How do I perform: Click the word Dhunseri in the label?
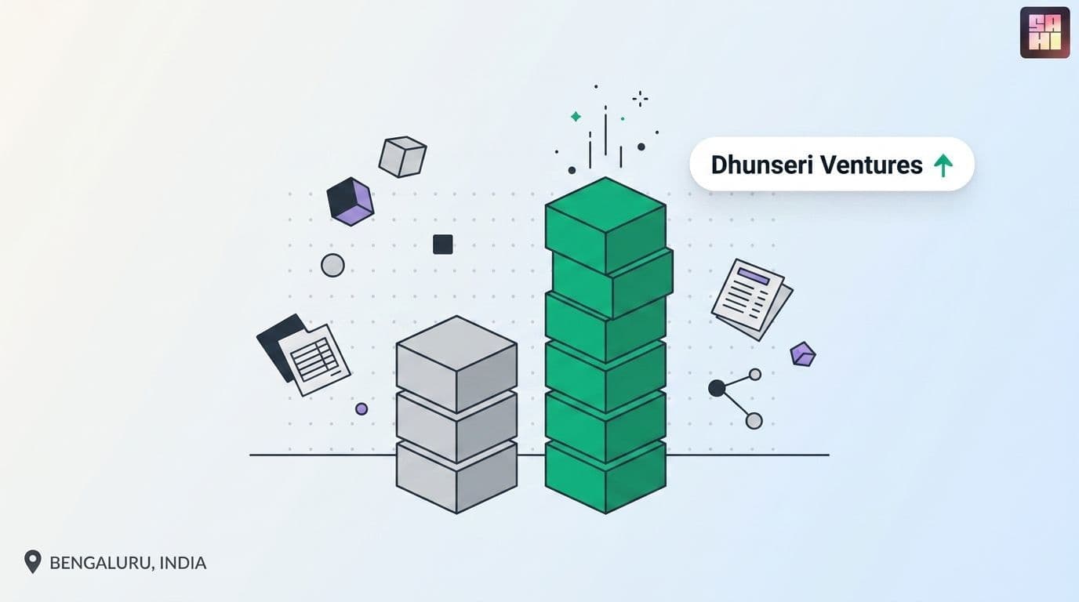(762, 165)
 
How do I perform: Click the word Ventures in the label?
(871, 165)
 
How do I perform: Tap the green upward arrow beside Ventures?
(943, 165)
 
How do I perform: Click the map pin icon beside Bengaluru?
(33, 561)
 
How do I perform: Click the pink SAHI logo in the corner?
(1044, 33)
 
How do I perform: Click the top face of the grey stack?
(456, 343)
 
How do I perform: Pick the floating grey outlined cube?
(403, 157)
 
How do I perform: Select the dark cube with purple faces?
(351, 201)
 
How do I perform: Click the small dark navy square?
(443, 245)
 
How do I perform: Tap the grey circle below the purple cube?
(332, 266)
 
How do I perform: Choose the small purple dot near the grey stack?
(361, 409)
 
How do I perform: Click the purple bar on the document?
(754, 277)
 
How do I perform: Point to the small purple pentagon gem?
(803, 354)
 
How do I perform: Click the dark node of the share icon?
(717, 388)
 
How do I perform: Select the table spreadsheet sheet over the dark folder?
(314, 359)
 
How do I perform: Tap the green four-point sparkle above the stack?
(576, 117)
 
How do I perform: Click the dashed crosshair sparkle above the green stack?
(640, 99)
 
